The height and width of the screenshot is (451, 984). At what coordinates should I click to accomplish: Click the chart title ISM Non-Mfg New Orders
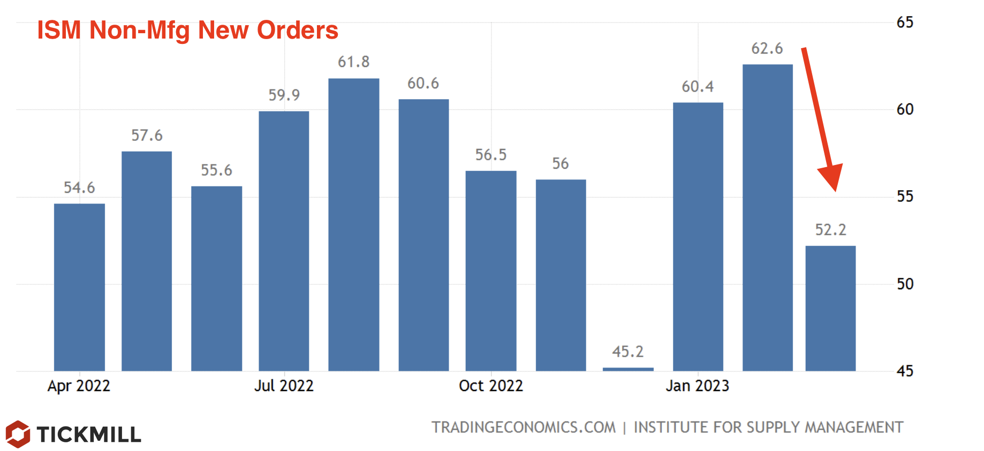point(187,30)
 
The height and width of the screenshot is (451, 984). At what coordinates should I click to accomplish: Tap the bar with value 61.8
point(353,225)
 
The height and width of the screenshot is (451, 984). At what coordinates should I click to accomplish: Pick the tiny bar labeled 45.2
point(628,369)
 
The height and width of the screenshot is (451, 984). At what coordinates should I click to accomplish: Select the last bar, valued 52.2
point(830,308)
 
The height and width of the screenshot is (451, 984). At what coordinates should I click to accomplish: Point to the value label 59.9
point(284,95)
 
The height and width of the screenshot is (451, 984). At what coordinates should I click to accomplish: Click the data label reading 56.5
point(490,155)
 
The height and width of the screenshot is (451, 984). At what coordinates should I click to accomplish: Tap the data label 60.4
point(697,87)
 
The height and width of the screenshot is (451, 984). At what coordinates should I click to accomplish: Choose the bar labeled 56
point(561,275)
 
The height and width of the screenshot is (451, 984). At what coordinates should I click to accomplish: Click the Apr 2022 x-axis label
point(79,386)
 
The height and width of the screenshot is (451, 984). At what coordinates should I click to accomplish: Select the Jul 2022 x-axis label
point(284,386)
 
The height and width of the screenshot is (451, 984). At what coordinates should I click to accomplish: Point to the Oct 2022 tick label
point(490,386)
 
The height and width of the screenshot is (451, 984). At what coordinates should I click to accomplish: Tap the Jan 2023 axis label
point(697,386)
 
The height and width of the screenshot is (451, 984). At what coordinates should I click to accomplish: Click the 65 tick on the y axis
point(905,22)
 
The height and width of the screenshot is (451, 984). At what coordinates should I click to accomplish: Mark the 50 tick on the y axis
point(905,284)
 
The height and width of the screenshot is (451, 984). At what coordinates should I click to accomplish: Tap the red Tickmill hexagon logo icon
point(18,434)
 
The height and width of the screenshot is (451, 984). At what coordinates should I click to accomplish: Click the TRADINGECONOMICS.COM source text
point(524,427)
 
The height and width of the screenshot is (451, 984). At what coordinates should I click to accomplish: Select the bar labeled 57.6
point(147,261)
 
